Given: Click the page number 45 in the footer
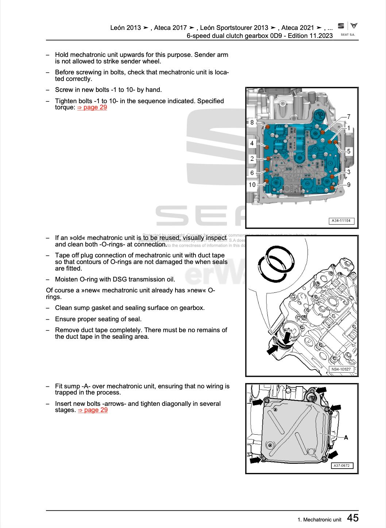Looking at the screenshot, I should click(352, 518).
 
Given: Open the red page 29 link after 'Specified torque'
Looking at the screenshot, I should click(92, 107).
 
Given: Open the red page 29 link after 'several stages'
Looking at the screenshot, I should click(93, 410).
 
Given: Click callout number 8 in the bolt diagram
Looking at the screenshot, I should click(252, 123).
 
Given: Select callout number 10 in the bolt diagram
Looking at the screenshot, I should click(252, 185).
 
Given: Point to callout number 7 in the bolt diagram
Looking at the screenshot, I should click(349, 117).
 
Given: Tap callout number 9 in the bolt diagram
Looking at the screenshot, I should click(349, 185).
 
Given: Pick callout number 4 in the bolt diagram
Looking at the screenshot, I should click(252, 143).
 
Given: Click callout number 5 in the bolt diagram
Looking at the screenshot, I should click(349, 151).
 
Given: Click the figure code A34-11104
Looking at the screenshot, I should click(341, 221).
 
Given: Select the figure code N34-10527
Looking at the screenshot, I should click(341, 369).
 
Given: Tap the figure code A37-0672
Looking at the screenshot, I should click(342, 466).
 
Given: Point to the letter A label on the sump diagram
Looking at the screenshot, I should click(346, 437).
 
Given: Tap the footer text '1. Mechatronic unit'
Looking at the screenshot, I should click(319, 519).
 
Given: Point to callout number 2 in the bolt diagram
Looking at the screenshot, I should click(252, 159).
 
